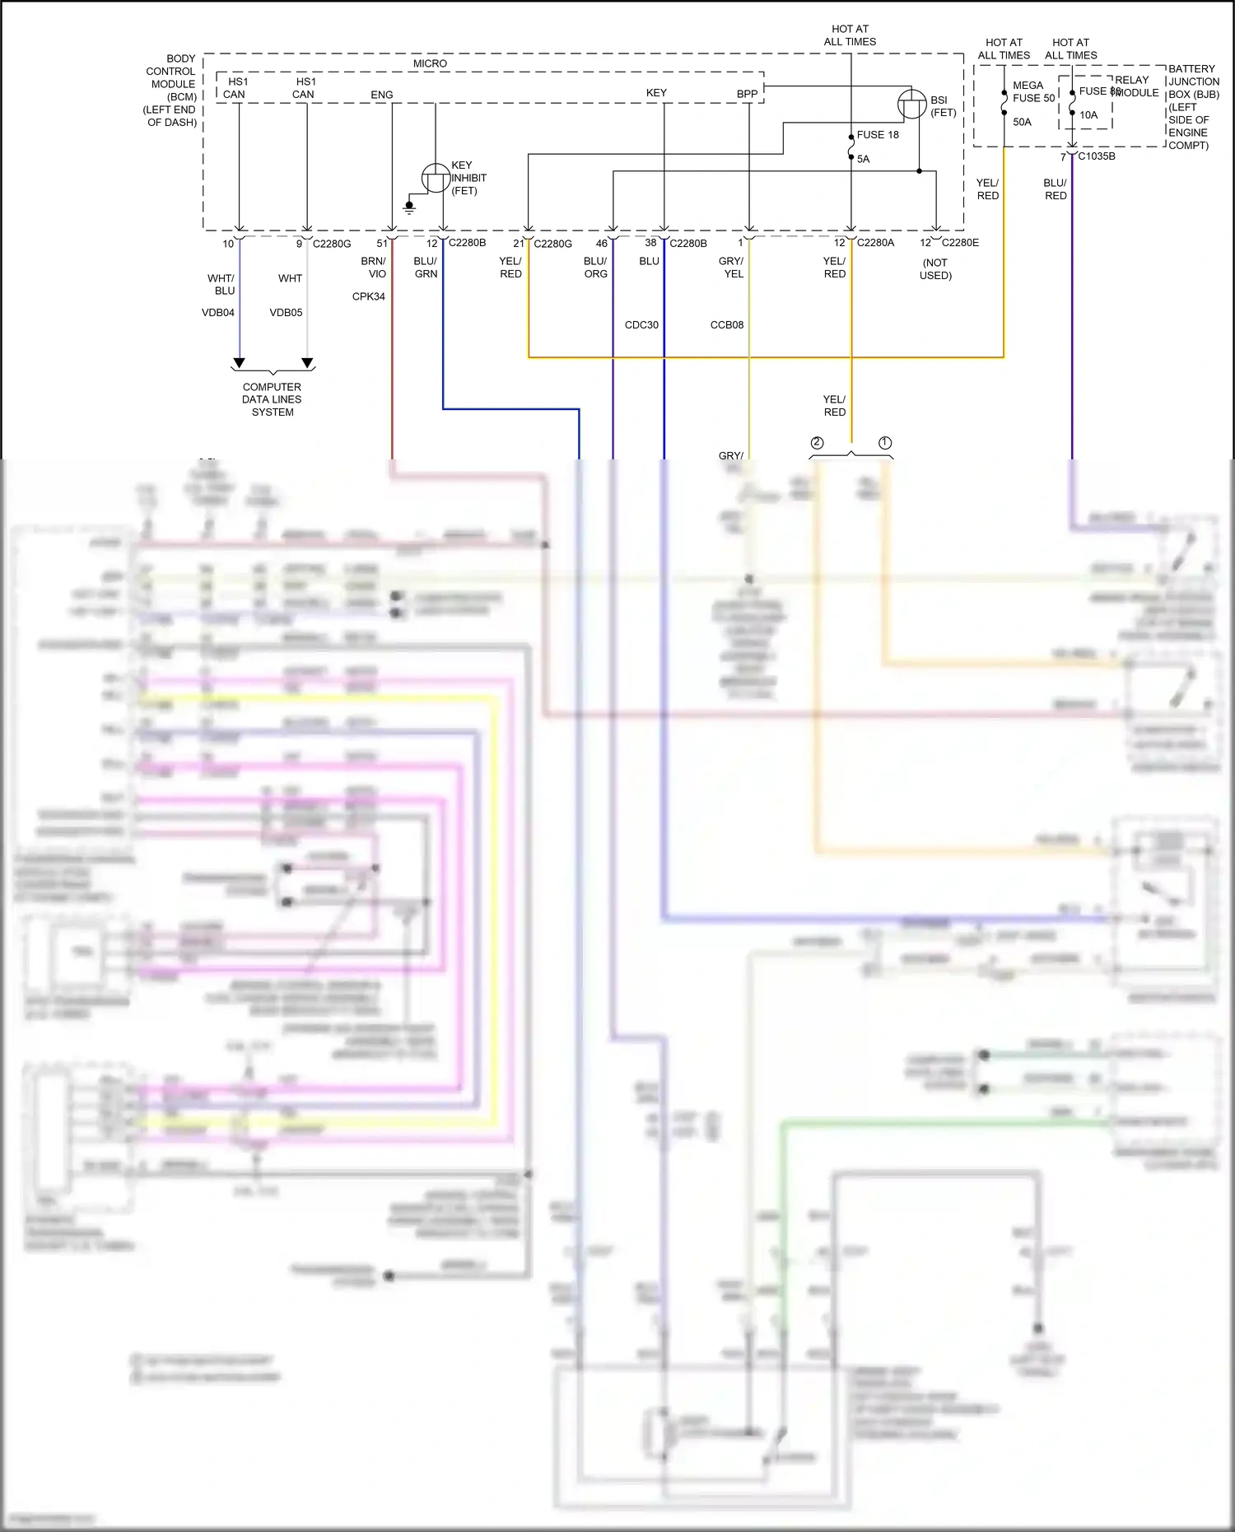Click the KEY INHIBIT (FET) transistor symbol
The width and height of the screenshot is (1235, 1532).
436,178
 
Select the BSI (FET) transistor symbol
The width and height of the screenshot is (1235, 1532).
911,105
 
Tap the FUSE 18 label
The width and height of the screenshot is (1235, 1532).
878,135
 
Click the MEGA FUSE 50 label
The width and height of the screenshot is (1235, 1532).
1032,91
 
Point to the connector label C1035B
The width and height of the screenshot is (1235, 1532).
1097,156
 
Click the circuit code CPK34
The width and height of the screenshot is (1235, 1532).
368,296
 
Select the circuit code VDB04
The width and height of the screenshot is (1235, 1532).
218,313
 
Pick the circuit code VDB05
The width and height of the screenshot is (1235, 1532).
286,313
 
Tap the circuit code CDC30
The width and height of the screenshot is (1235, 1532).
641,325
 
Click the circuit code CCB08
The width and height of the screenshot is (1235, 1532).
727,325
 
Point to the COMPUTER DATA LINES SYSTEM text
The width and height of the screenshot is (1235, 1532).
272,399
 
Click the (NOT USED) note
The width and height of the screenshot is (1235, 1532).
935,269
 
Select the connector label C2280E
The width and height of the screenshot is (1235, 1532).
960,243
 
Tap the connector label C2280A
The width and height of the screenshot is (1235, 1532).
875,243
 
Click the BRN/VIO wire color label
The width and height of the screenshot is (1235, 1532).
374,268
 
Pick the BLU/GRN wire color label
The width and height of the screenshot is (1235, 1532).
426,268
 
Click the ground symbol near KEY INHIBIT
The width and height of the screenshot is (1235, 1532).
409,207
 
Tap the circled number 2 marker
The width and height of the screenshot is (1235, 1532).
817,443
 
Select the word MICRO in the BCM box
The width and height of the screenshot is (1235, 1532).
430,63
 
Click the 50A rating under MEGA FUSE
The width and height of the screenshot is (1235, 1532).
1022,122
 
